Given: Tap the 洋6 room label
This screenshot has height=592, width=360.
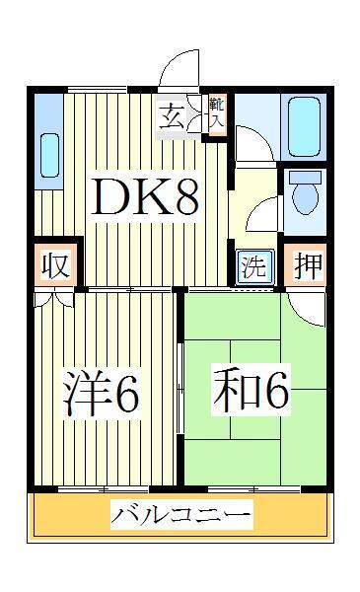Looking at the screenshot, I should pyautogui.click(x=102, y=394).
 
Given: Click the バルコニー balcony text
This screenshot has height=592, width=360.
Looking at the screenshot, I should pyautogui.click(x=180, y=515).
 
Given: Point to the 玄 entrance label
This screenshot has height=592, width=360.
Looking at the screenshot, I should pyautogui.click(x=170, y=116).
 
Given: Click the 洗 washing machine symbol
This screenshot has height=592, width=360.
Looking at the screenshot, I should pyautogui.click(x=253, y=266).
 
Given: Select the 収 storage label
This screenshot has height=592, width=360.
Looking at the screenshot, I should pyautogui.click(x=53, y=266).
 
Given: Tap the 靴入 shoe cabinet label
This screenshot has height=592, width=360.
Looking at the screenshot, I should pyautogui.click(x=217, y=114).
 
